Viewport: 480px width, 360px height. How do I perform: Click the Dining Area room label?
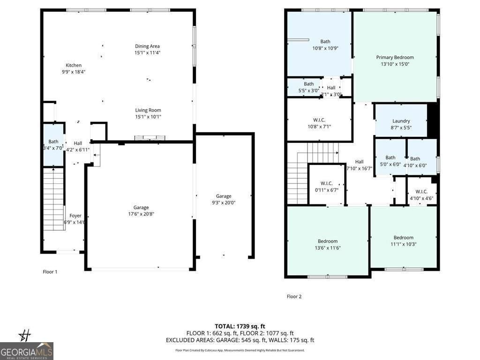click(x=148, y=46)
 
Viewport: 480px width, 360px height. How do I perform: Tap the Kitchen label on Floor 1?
click(x=73, y=65)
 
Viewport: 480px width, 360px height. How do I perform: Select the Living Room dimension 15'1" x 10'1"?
click(x=148, y=117)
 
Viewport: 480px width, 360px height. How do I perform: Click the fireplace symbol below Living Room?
click(x=150, y=138)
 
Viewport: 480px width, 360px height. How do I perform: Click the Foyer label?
click(x=75, y=216)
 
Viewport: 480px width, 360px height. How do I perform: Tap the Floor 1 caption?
click(x=50, y=272)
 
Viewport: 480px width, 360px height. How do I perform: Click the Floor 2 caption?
click(x=294, y=296)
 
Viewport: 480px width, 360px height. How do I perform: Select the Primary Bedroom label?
click(x=395, y=57)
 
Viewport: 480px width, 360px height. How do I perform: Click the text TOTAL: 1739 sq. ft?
click(x=240, y=326)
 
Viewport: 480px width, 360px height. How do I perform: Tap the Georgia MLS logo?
click(x=27, y=351)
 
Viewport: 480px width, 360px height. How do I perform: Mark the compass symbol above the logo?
click(x=24, y=335)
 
